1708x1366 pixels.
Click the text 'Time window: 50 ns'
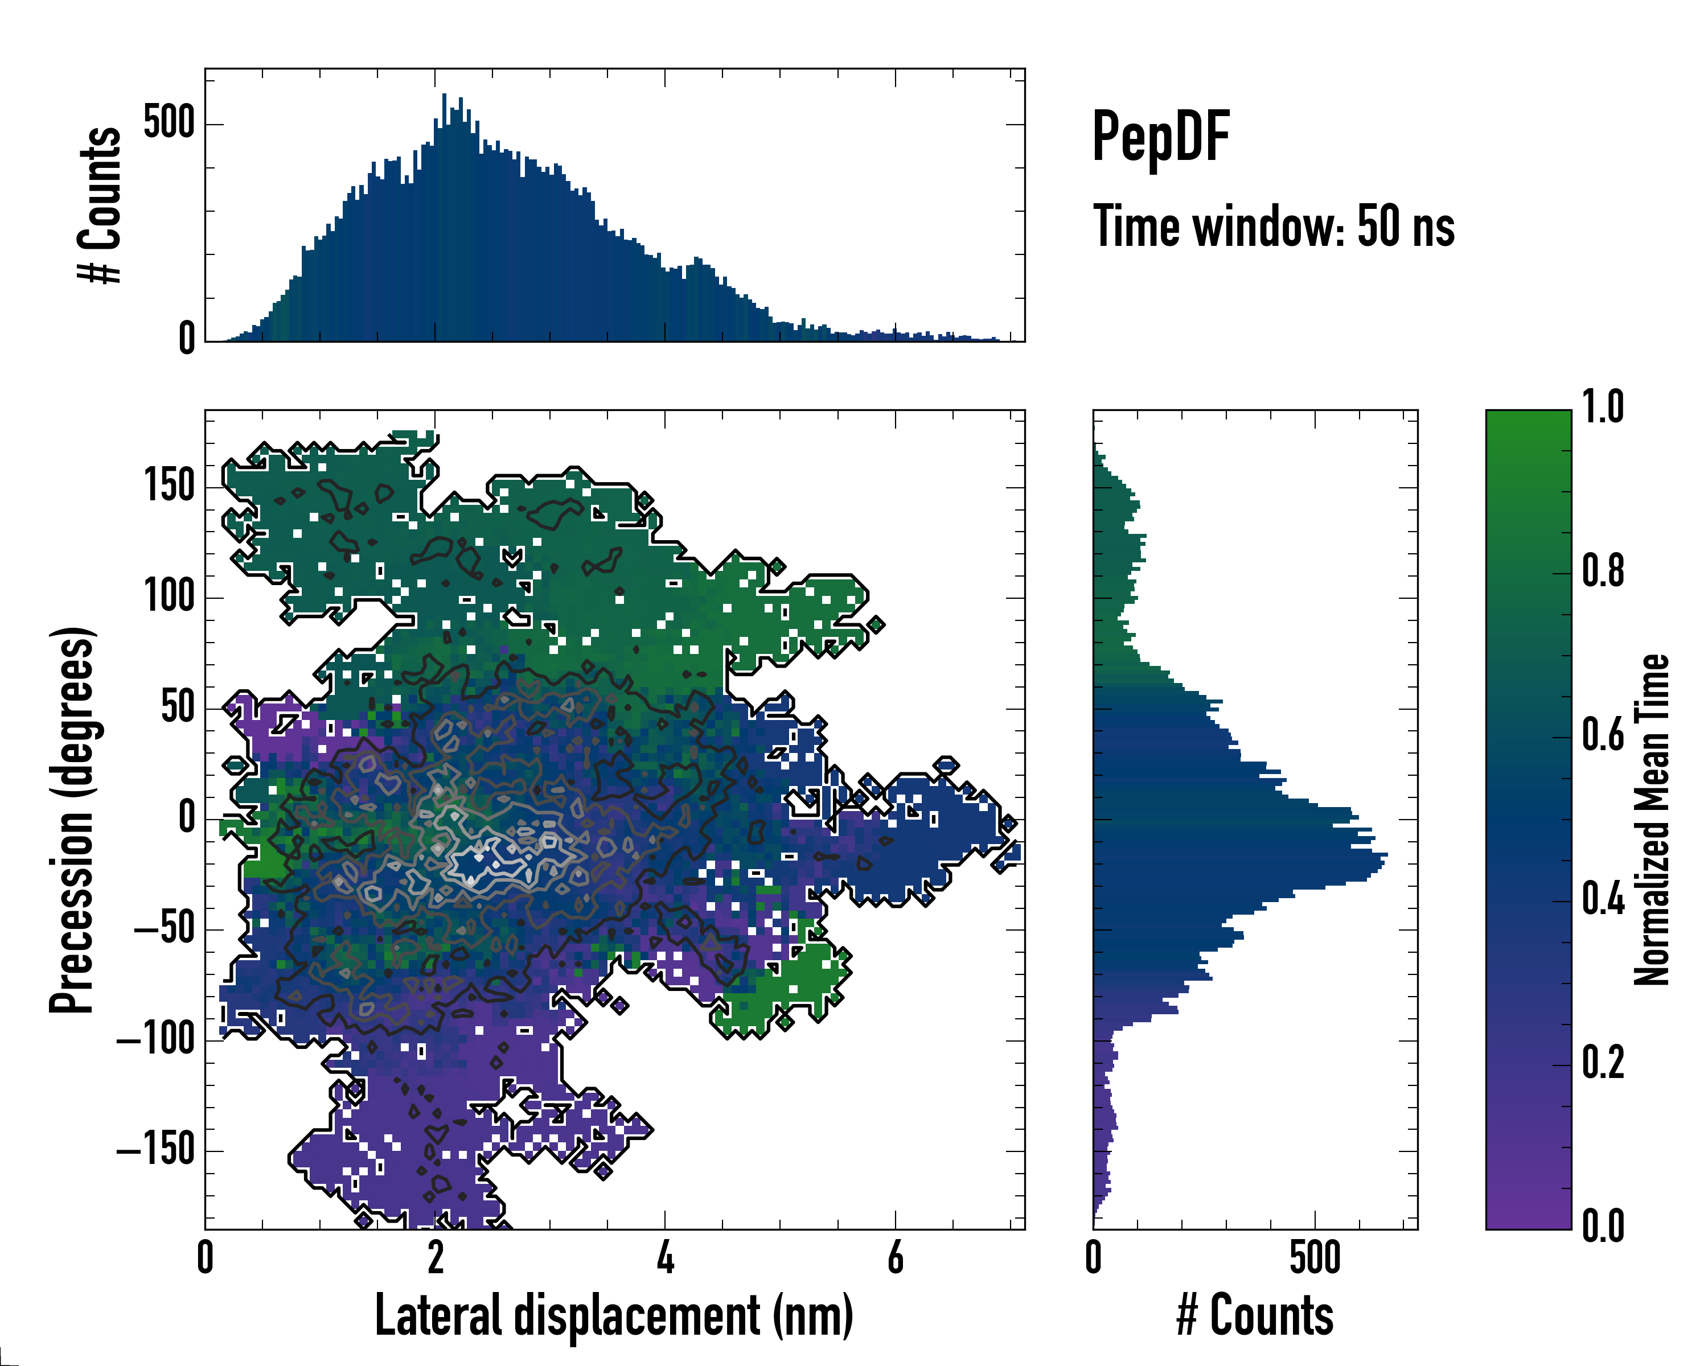click(1273, 227)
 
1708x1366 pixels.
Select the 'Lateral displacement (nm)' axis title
click(614, 1315)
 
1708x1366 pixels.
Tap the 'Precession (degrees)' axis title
click(72, 820)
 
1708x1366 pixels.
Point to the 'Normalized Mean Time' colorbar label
click(1652, 820)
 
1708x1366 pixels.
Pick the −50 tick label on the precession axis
click(164, 928)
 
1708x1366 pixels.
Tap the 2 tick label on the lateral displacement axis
click(436, 1257)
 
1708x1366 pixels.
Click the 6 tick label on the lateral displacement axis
click(895, 1257)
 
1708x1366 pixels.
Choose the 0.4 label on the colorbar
click(1603, 900)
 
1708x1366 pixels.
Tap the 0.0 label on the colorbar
click(1603, 1227)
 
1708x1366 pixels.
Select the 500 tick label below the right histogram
click(1315, 1257)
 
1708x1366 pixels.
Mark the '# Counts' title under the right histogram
click(1255, 1315)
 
